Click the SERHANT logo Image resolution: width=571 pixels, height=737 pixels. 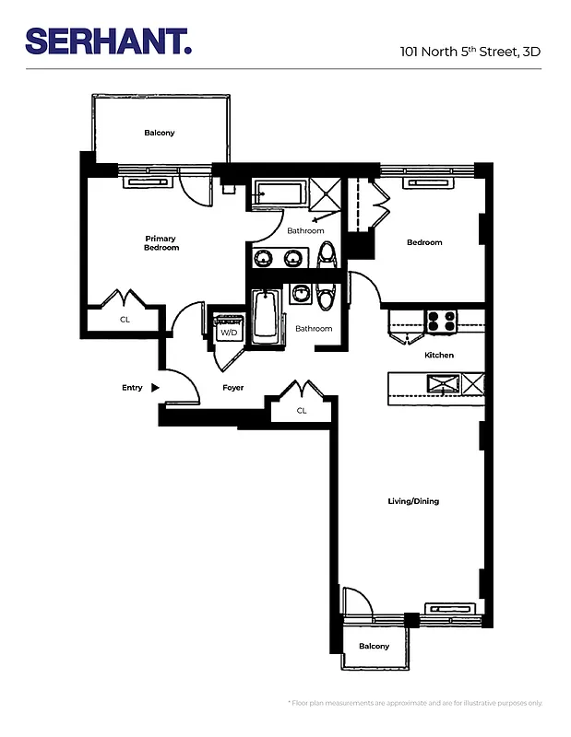click(108, 41)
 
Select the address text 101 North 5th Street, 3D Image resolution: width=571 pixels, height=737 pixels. click(470, 52)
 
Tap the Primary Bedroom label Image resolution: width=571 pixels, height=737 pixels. click(161, 243)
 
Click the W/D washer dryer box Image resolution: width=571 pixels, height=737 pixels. click(227, 331)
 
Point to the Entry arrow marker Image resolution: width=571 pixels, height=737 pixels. click(155, 388)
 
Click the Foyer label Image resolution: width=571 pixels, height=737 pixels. click(233, 388)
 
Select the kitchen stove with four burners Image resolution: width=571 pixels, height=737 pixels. click(442, 322)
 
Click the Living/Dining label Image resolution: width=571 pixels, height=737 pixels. click(413, 501)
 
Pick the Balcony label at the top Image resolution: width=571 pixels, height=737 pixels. click(159, 133)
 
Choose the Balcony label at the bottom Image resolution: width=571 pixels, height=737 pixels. click(374, 646)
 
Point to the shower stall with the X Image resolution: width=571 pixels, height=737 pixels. click(325, 194)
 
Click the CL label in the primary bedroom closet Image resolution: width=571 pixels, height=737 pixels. click(125, 320)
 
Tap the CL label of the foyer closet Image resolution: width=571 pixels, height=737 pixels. click(301, 411)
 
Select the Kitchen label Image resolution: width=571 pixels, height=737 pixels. click(438, 355)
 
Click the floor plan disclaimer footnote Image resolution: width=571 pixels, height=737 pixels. click(415, 703)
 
